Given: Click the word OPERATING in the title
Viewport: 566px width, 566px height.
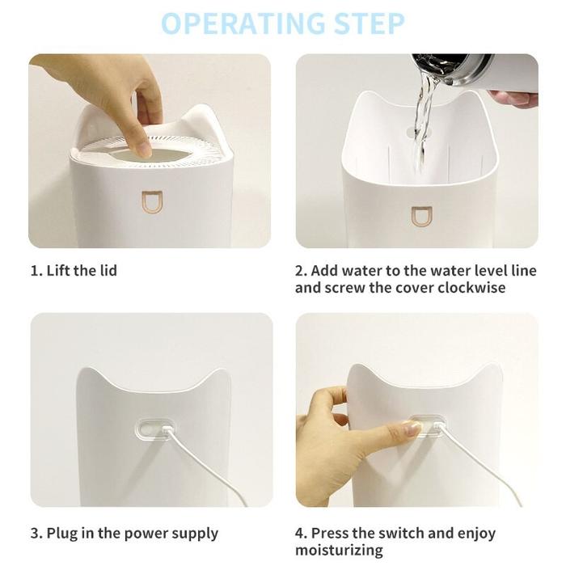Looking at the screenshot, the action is tap(243, 23).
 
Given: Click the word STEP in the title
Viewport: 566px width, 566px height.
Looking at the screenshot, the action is tap(369, 23).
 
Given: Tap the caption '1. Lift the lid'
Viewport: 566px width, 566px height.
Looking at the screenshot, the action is tap(74, 270).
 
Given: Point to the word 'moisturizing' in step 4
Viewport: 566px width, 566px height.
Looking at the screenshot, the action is tap(339, 551).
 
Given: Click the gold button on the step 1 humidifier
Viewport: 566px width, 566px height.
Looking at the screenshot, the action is tap(152, 202).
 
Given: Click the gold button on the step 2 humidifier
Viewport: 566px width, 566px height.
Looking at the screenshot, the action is tap(421, 217).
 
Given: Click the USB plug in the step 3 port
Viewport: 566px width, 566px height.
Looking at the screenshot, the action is tap(167, 430).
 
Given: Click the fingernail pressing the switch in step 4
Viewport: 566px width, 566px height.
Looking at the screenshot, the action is tap(412, 428).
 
